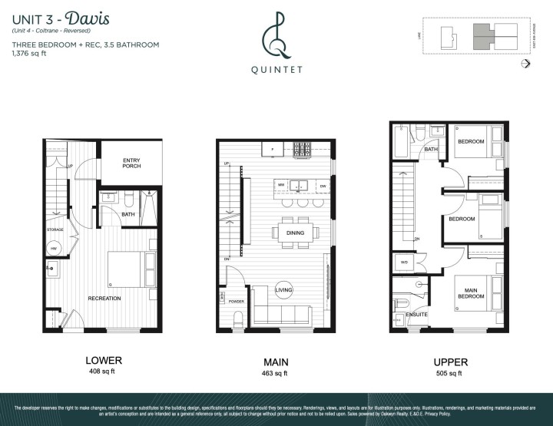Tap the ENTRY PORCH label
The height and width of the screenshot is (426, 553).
pos(131,163)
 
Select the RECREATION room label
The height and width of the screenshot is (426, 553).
pos(104,298)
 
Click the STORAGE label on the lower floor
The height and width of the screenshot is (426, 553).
pos(55,229)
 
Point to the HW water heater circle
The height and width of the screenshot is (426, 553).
pos(55,249)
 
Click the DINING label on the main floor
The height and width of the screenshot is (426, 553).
pos(296,233)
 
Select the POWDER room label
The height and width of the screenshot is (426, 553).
pos(237,302)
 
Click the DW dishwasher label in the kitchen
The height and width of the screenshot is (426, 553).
pos(323,187)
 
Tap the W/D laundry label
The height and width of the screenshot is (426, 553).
pos(405,262)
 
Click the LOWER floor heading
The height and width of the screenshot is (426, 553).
pos(104,360)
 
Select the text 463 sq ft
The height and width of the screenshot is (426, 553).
pos(276,374)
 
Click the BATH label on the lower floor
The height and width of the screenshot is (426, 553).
pos(128,214)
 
